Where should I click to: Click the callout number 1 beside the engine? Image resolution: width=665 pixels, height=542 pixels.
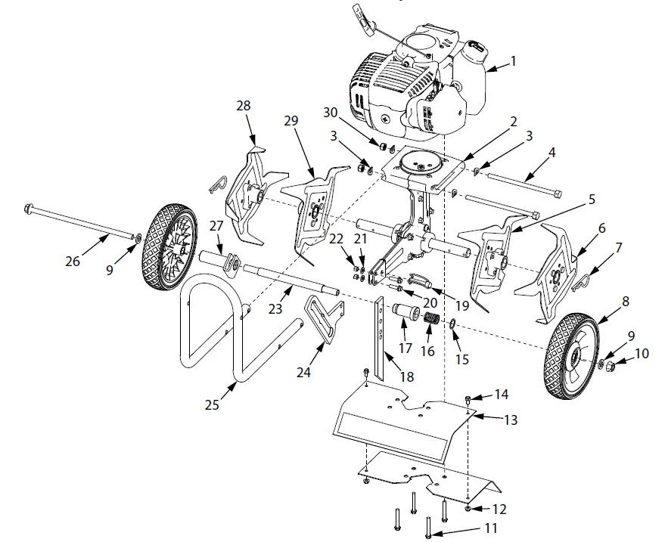point(513,62)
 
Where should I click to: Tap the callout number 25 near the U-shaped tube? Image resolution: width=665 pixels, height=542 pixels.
point(212,404)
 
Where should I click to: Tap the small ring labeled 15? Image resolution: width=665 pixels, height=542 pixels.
point(452,324)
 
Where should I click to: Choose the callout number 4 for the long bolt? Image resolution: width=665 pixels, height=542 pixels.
point(552,153)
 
